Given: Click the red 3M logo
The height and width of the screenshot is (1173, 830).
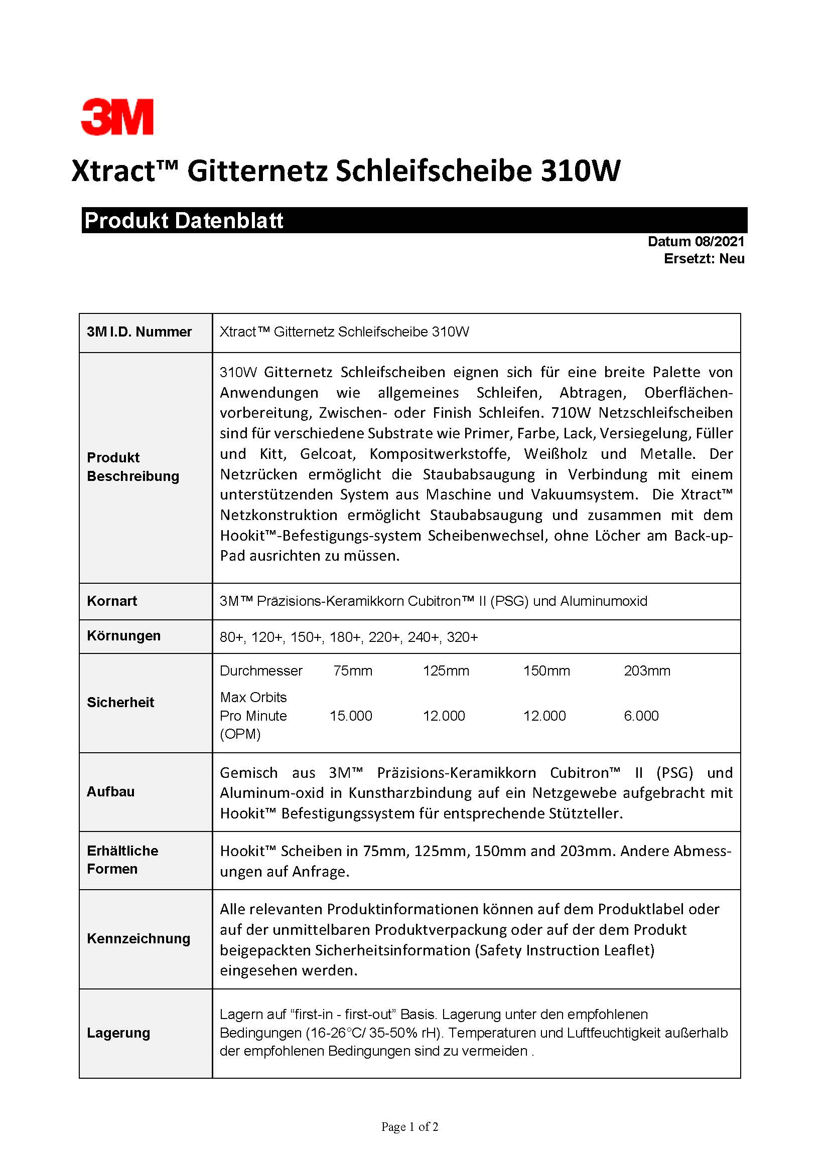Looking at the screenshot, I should pyautogui.click(x=117, y=117).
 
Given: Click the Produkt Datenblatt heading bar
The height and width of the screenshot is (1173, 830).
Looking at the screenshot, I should pyautogui.click(x=414, y=220).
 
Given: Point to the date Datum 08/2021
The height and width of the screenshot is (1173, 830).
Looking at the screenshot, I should pyautogui.click(x=696, y=242).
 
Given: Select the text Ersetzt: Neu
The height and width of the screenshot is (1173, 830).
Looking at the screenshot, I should pyautogui.click(x=704, y=259).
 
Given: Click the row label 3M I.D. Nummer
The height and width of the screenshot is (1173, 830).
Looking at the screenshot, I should pyautogui.click(x=139, y=332).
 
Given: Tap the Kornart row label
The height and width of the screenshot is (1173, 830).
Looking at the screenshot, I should pyautogui.click(x=112, y=601).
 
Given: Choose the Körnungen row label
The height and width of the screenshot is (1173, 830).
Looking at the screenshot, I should pyautogui.click(x=123, y=635).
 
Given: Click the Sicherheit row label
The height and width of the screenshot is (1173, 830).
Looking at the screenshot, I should pyautogui.click(x=120, y=702).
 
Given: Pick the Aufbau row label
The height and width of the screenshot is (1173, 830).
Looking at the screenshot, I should pyautogui.click(x=111, y=791).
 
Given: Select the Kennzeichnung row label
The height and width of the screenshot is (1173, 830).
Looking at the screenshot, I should pyautogui.click(x=139, y=938).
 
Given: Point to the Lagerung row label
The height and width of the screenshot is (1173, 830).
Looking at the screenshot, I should pyautogui.click(x=118, y=1033).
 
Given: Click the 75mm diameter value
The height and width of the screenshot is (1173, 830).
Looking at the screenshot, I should pyautogui.click(x=353, y=671).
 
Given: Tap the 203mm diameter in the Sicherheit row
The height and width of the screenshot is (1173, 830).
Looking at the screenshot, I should pyautogui.click(x=647, y=671).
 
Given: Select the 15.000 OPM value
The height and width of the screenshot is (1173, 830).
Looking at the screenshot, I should pyautogui.click(x=351, y=716).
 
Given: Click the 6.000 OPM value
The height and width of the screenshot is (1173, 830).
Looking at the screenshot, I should pyautogui.click(x=641, y=716).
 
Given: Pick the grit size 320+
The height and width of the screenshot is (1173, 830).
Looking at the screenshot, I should pyautogui.click(x=463, y=637).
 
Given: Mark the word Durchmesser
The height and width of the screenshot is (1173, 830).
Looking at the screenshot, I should pyautogui.click(x=261, y=671).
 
